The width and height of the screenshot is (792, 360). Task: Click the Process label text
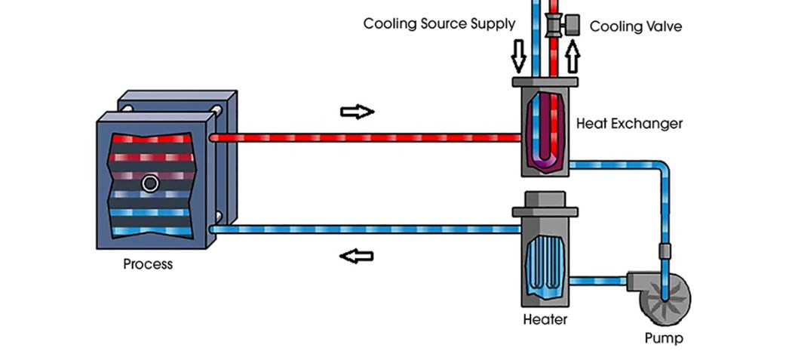click(x=148, y=264)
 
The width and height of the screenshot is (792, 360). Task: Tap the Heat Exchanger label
click(x=629, y=123)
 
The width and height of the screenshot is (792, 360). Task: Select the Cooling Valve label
click(x=635, y=26)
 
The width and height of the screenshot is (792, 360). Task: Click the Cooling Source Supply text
click(x=439, y=23)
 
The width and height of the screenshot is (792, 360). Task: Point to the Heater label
click(x=545, y=319)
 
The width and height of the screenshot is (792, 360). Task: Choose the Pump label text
click(x=663, y=337)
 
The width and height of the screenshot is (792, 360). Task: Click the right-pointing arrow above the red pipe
click(x=357, y=112)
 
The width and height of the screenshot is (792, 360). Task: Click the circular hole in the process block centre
click(x=150, y=183)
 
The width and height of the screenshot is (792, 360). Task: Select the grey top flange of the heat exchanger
click(x=545, y=82)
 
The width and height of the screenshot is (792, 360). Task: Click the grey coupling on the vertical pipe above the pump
click(x=665, y=251)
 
